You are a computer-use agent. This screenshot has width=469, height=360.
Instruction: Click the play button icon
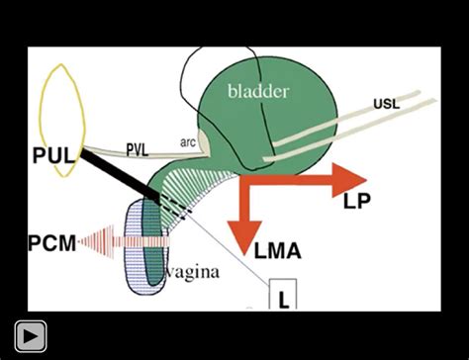(30, 336)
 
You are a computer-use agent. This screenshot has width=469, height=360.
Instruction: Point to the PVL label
(140, 148)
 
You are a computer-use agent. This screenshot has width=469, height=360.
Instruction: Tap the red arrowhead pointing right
(348, 178)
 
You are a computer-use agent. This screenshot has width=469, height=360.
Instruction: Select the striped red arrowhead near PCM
(90, 241)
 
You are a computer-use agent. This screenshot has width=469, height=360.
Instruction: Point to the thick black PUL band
(124, 172)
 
